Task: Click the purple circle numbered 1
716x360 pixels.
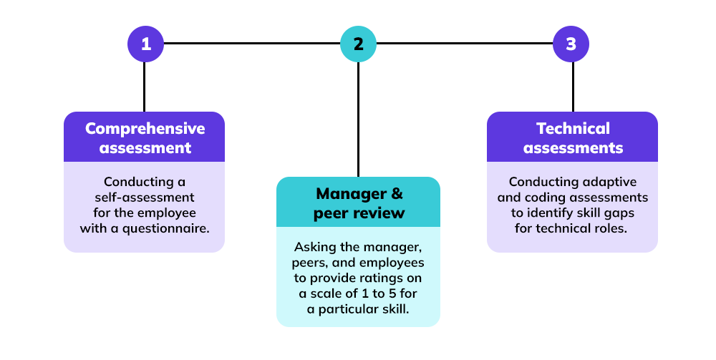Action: click(x=145, y=44)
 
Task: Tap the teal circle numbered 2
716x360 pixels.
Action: click(x=358, y=44)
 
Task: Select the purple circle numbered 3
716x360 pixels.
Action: click(x=571, y=44)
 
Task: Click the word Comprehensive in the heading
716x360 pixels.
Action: click(x=145, y=129)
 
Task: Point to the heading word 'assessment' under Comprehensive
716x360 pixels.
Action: click(x=145, y=148)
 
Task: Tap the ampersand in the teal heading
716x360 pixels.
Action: click(x=396, y=194)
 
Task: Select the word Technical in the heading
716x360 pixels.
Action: click(x=573, y=129)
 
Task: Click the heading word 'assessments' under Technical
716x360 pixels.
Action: click(x=573, y=148)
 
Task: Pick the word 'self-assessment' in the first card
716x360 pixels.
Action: click(x=144, y=198)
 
